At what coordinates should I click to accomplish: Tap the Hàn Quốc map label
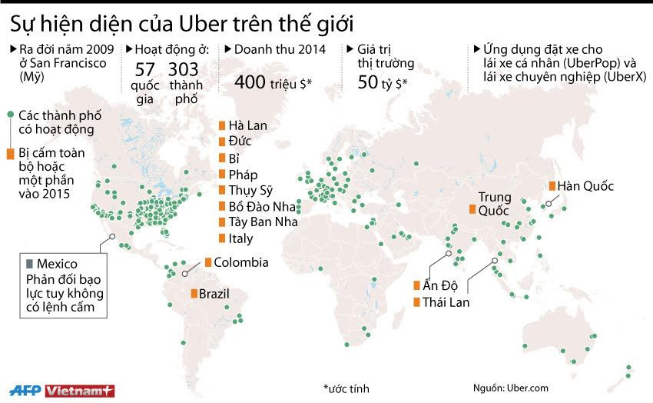pos(586,186)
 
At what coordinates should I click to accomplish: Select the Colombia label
pos(240,262)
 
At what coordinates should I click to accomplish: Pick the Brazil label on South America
pos(214,293)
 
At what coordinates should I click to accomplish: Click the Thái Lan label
pos(446,302)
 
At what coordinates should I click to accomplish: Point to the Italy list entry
pos(240,238)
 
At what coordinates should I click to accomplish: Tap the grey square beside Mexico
pos(29,264)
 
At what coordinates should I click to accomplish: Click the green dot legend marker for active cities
pos(10,115)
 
